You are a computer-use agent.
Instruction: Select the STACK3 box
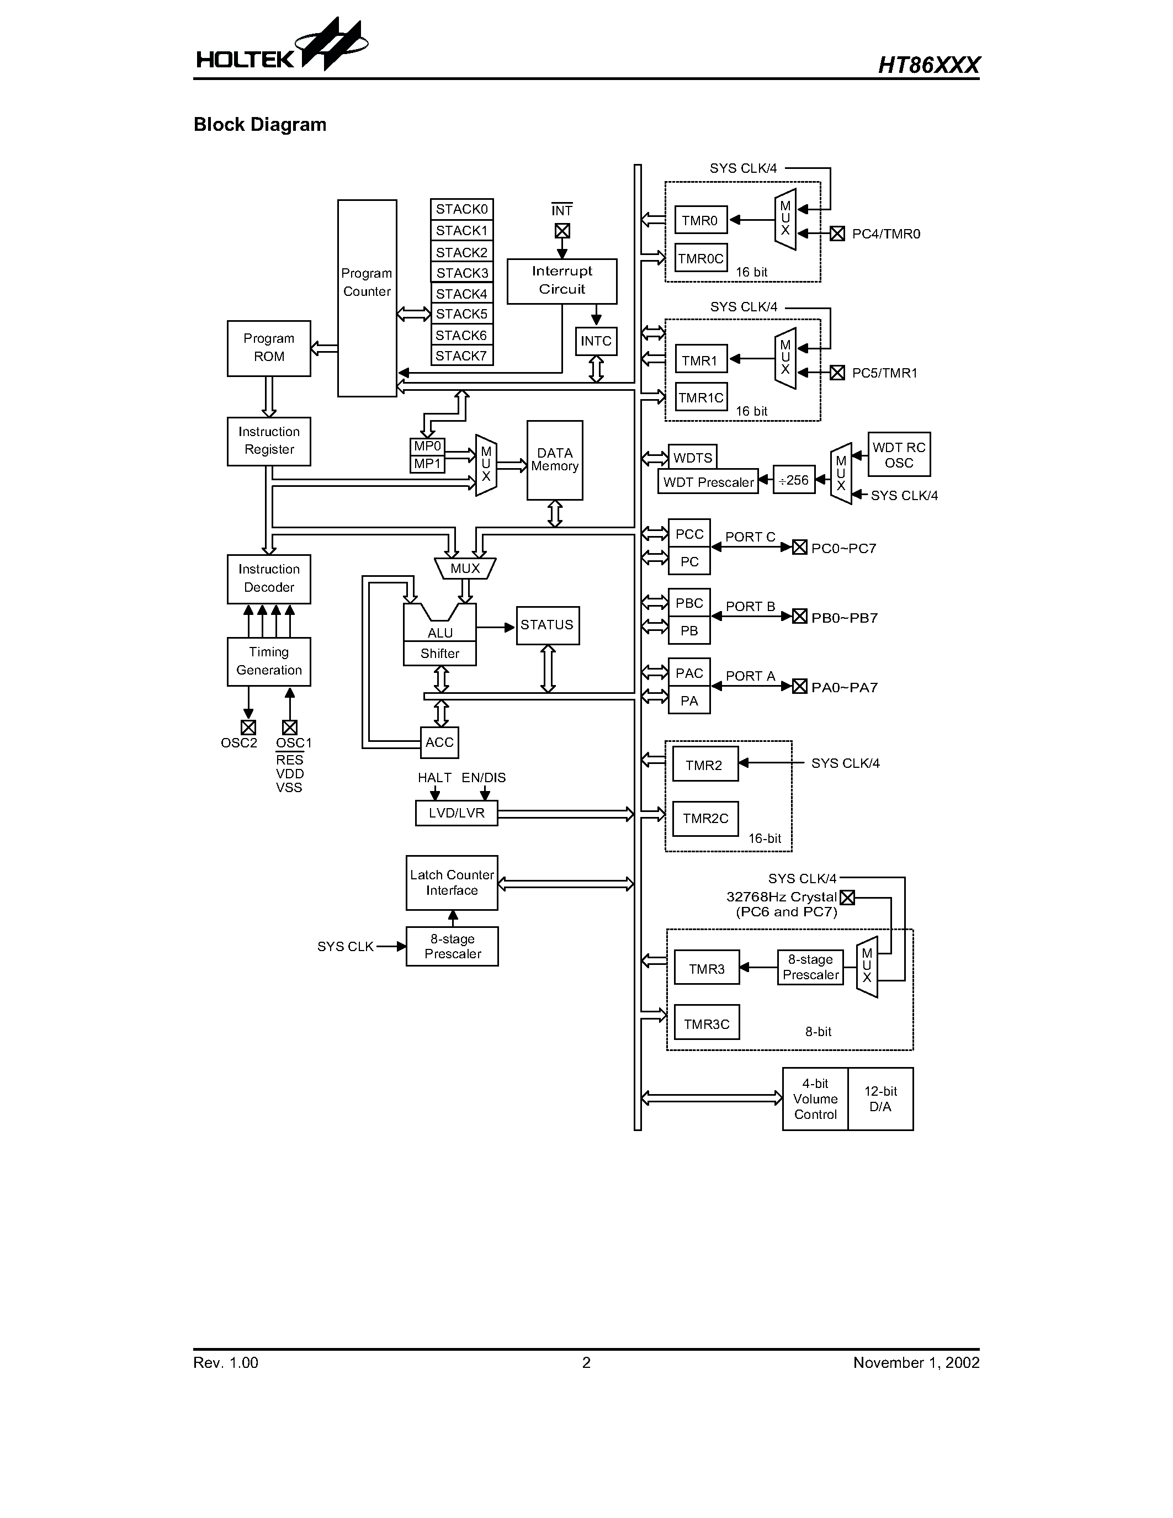[461, 273]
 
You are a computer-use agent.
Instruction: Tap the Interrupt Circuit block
[561, 281]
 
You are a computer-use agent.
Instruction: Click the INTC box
[596, 341]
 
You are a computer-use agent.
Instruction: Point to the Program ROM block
[269, 348]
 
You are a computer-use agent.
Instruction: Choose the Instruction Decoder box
[269, 578]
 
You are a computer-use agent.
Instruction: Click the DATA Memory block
[555, 460]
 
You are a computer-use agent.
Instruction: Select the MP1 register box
[427, 464]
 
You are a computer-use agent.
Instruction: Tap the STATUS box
[547, 625]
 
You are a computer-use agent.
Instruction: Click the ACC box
[439, 742]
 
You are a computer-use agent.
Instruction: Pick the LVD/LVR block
[457, 813]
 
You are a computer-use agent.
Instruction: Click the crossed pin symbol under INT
[562, 231]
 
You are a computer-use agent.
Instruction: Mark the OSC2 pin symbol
[248, 727]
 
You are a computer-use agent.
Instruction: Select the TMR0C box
[701, 258]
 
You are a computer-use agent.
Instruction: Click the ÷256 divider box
[794, 480]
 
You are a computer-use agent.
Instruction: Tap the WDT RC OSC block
[899, 454]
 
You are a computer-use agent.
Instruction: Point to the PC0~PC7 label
[843, 548]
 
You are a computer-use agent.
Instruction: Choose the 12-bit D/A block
[880, 1099]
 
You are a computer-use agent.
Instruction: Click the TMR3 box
[707, 969]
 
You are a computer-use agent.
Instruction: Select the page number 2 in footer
[586, 1362]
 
